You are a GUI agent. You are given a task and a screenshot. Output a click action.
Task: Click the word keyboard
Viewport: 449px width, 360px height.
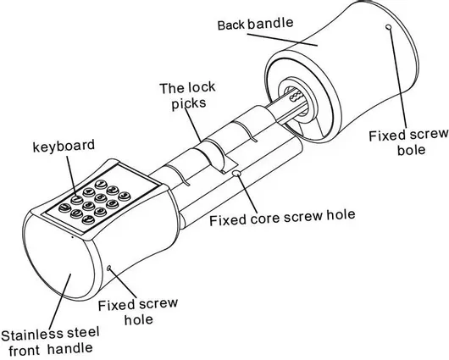click(64, 146)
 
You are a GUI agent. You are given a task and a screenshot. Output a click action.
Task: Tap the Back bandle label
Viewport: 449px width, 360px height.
click(256, 24)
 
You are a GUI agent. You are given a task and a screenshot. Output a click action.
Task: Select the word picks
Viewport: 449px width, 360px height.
click(189, 103)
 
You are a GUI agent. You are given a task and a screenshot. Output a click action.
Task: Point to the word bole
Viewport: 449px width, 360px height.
click(411, 150)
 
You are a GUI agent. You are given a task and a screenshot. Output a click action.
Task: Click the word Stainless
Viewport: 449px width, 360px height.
click(32, 335)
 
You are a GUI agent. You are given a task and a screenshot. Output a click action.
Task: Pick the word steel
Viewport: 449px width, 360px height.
click(83, 333)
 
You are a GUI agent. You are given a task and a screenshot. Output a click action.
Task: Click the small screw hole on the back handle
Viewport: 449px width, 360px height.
click(389, 27)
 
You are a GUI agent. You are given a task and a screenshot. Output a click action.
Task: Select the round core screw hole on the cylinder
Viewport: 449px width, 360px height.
click(236, 173)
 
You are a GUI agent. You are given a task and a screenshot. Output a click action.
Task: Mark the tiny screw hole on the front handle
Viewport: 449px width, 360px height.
click(108, 268)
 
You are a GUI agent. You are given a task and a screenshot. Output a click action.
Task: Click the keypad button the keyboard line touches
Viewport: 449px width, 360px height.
click(77, 199)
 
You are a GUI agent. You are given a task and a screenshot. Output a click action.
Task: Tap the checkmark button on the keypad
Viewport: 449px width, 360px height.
click(88, 219)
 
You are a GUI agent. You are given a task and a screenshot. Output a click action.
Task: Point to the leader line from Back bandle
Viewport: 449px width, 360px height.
click(282, 40)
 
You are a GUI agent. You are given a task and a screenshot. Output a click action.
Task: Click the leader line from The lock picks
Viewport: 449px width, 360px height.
click(192, 125)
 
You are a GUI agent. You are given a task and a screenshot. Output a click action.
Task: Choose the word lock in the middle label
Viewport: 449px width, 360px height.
click(201, 87)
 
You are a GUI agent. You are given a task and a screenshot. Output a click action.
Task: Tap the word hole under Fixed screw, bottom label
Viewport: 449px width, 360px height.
click(139, 319)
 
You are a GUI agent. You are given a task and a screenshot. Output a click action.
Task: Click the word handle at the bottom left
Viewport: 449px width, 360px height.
click(69, 349)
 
